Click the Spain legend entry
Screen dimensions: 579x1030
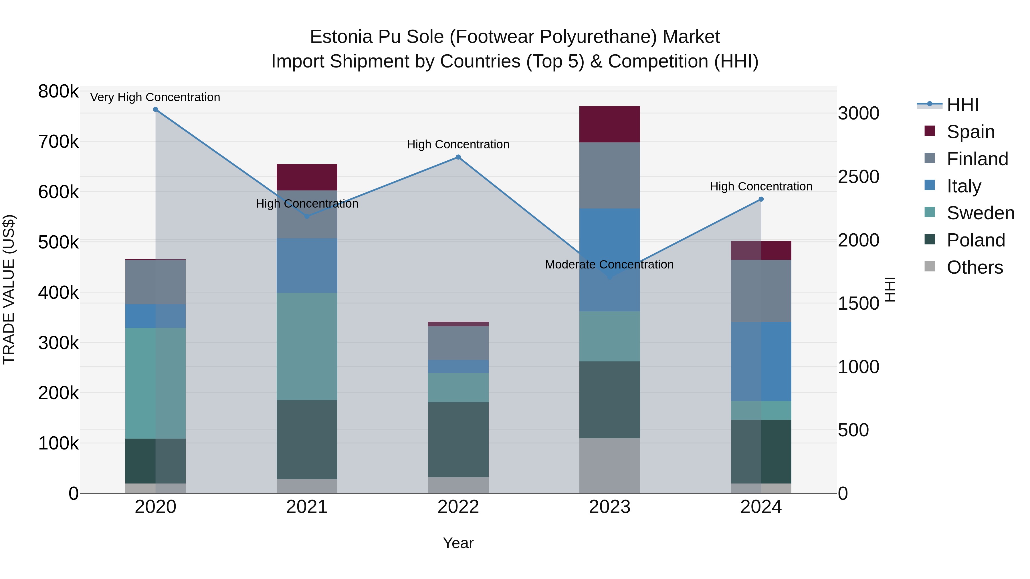[x=970, y=132]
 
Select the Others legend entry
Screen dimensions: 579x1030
[x=974, y=267]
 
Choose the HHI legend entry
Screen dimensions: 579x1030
[x=962, y=105]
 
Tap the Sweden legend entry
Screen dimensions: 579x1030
[x=980, y=213]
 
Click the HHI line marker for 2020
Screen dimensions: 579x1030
[x=156, y=110]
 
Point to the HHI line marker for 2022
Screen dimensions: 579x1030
[x=458, y=157]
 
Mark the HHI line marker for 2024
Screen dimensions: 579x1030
[x=761, y=199]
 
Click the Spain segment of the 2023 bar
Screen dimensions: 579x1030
[x=609, y=124]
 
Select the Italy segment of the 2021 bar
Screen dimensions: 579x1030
[x=307, y=265]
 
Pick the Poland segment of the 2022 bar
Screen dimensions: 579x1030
[x=458, y=439]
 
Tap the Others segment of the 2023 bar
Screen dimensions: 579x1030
[x=609, y=465]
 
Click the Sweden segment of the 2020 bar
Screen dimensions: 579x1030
[x=156, y=383]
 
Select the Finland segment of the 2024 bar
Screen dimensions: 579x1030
[x=761, y=291]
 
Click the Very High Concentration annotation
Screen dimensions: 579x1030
[x=155, y=98]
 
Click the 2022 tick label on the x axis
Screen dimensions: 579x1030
[x=458, y=507]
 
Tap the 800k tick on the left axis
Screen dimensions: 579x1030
[x=58, y=91]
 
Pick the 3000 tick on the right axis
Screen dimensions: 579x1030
[x=858, y=114]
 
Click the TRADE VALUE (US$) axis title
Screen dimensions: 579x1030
[x=9, y=289]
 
